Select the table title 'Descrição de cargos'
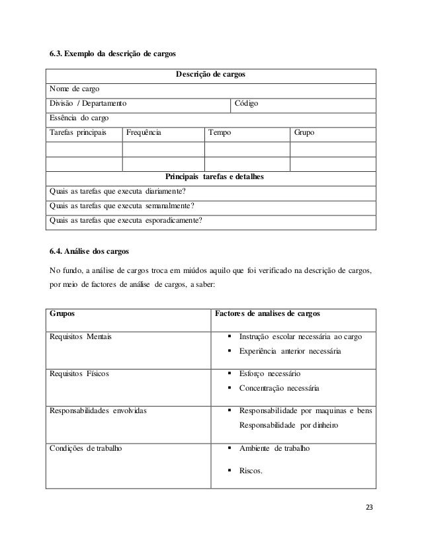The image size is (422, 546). pos(210,76)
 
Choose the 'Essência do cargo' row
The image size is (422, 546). pos(77,119)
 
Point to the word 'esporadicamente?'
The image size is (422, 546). pos(174,221)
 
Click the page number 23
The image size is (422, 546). pos(369,507)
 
